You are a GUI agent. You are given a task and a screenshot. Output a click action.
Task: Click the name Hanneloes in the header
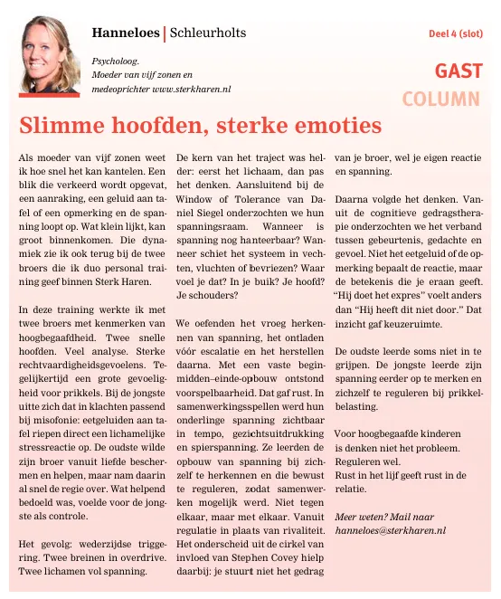[x=125, y=33]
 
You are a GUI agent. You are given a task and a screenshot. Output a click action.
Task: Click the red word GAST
[x=458, y=71]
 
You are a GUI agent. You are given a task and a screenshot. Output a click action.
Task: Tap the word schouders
[x=210, y=294]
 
